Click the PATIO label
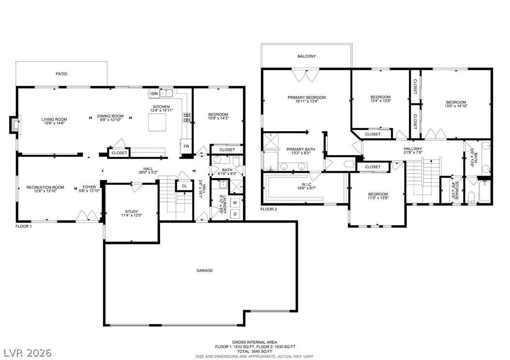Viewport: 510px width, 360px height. (x=61, y=74)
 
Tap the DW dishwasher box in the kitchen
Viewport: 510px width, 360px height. (x=155, y=94)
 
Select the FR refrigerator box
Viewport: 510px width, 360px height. (x=186, y=146)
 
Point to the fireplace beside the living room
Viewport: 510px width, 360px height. (x=15, y=124)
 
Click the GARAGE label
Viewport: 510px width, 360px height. (x=205, y=270)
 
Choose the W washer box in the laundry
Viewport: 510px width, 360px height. (x=235, y=203)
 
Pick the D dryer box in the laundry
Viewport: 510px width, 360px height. (x=235, y=214)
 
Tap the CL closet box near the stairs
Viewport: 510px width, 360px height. (x=184, y=186)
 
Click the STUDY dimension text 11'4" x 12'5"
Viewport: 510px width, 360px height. (x=132, y=215)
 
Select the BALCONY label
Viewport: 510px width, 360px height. (x=307, y=56)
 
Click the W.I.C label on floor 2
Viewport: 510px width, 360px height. (x=306, y=184)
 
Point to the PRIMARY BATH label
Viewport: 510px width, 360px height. (x=301, y=149)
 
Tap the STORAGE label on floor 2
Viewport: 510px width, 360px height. (x=457, y=191)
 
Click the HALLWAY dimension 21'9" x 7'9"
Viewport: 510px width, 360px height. (x=413, y=152)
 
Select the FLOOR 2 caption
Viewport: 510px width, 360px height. (x=269, y=209)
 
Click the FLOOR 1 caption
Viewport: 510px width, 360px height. (x=24, y=226)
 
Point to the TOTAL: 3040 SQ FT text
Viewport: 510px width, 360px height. (x=255, y=352)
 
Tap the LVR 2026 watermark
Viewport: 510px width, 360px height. (x=28, y=353)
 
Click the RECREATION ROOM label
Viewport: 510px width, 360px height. (x=45, y=187)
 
